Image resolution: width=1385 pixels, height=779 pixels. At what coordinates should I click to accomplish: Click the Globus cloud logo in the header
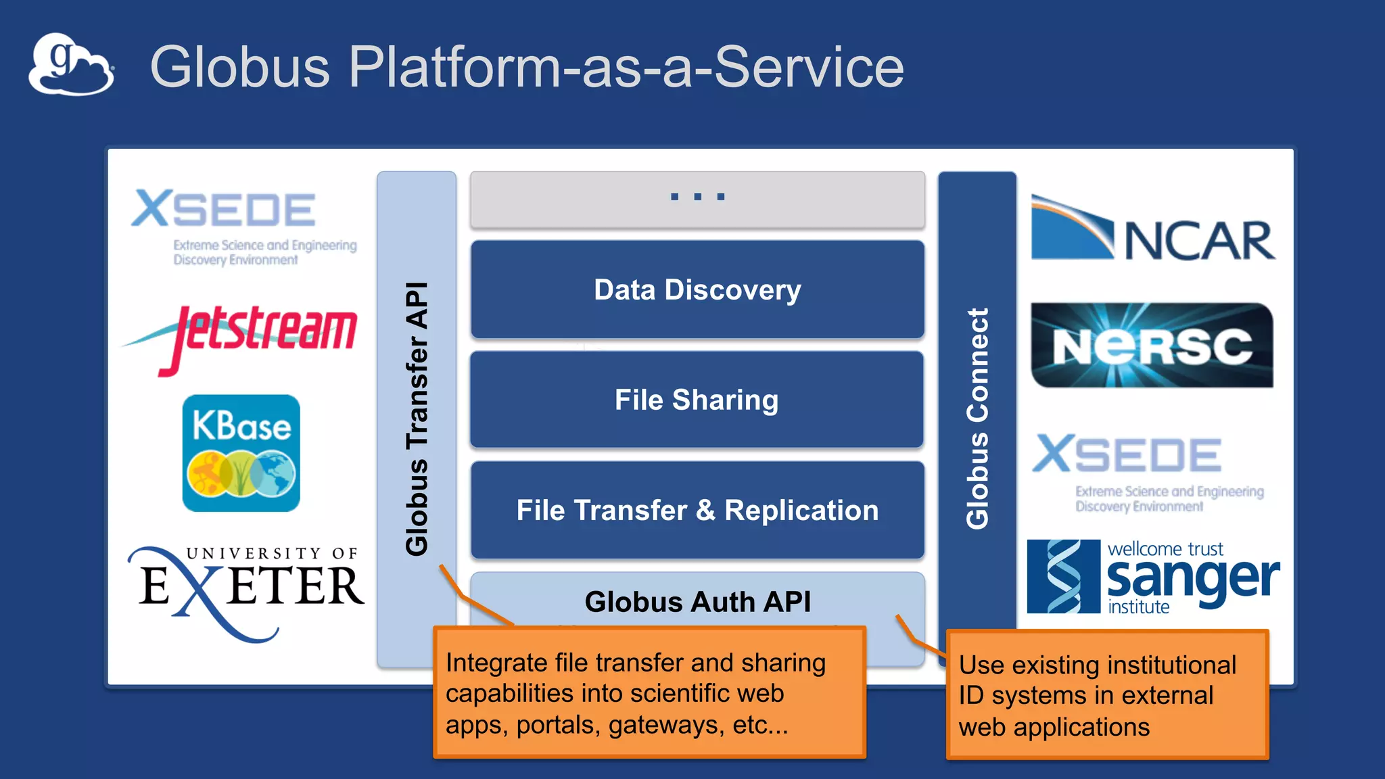71,65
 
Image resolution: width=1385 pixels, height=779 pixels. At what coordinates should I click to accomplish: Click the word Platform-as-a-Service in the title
626,67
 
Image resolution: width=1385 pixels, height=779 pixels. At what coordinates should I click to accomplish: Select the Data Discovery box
697,289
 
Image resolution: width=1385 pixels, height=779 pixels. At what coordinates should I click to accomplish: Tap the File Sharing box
697,400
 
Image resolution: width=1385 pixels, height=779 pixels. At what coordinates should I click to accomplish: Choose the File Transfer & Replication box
697,510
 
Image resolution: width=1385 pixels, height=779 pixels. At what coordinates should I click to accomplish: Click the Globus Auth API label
697,602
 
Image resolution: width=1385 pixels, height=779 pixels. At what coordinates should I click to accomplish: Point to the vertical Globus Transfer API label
417,419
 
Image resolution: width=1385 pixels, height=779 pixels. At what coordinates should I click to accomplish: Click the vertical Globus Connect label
977,419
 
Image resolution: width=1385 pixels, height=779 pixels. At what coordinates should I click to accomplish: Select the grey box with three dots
697,199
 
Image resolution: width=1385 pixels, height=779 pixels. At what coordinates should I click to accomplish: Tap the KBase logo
241,453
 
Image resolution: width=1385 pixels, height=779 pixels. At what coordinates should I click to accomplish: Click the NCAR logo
1152,230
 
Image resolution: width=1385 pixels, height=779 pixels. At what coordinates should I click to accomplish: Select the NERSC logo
1152,346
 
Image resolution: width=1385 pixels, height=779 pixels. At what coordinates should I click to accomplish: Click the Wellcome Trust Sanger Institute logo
1152,577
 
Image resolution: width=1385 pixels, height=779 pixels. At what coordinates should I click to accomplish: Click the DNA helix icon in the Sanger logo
1063,577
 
